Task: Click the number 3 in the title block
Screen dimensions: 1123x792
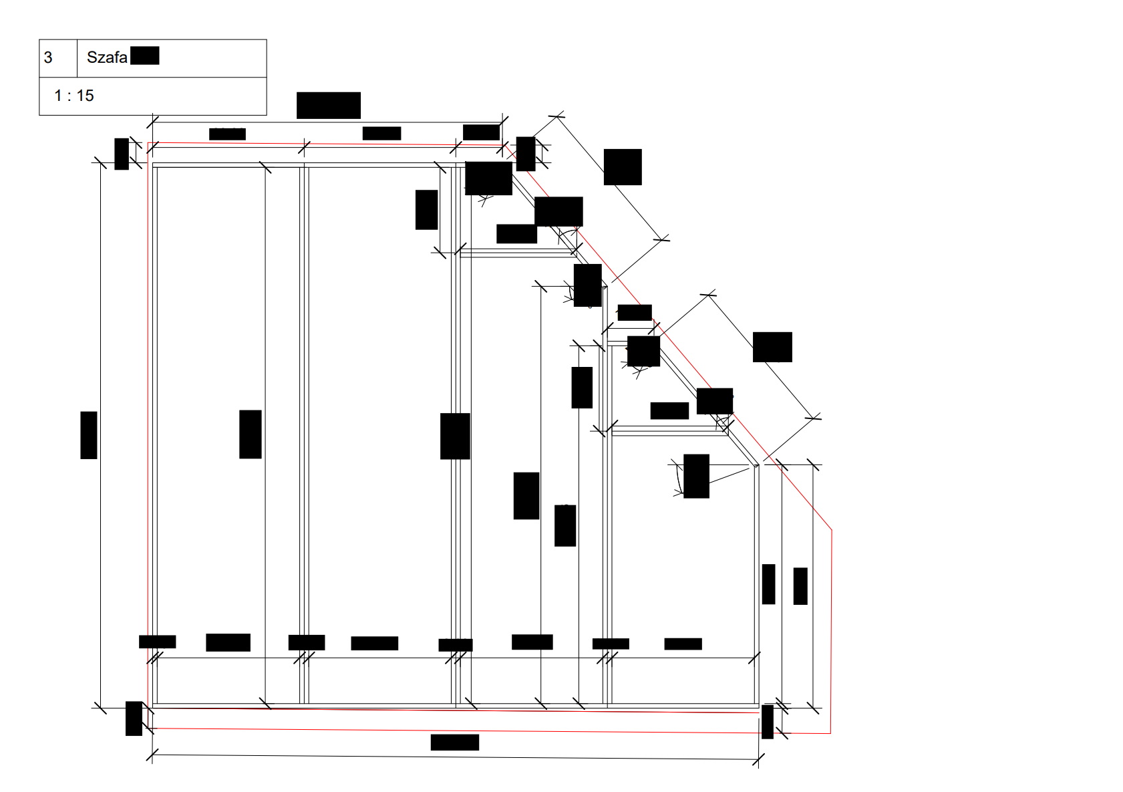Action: click(48, 57)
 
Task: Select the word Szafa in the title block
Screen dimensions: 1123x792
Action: click(107, 57)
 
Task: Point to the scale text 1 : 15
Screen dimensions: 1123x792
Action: click(74, 96)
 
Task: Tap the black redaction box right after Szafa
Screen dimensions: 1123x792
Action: click(145, 55)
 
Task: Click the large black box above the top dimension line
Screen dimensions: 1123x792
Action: click(329, 106)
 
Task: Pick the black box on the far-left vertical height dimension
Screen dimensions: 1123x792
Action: click(89, 435)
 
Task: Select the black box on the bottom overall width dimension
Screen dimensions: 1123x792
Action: click(455, 743)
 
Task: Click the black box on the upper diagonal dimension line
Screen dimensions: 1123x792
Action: click(623, 167)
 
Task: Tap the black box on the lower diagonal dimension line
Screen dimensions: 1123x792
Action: click(772, 347)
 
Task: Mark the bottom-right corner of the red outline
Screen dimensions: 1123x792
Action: click(830, 733)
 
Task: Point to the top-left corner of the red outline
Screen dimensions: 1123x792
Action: click(148, 143)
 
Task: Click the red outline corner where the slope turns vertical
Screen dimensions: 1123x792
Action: click(832, 530)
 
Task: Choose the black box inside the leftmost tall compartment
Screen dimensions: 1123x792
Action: click(250, 434)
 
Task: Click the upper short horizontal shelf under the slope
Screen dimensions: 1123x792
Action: click(518, 253)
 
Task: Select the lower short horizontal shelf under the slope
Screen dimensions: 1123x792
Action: click(670, 431)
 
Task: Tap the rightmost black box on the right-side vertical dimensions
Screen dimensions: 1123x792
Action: click(800, 586)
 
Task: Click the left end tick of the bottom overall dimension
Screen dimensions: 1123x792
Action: click(152, 755)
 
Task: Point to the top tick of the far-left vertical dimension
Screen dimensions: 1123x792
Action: click(100, 163)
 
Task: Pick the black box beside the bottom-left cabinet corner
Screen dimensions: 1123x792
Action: click(134, 718)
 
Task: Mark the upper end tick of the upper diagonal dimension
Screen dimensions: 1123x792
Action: click(556, 116)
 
